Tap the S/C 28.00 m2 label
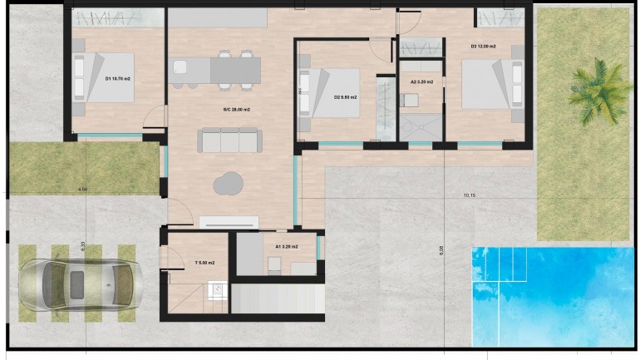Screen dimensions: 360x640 (236, 109)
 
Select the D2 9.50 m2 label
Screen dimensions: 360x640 (345, 97)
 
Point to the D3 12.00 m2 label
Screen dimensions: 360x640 (483, 47)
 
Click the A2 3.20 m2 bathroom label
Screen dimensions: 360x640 (422, 82)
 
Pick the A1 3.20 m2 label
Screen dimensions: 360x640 (286, 246)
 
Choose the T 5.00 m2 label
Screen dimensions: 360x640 (204, 263)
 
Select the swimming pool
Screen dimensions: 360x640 (553, 295)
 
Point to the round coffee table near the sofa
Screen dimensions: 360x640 (229, 182)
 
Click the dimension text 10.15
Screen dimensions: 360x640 (470, 195)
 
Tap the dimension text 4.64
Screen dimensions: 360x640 (82, 190)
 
